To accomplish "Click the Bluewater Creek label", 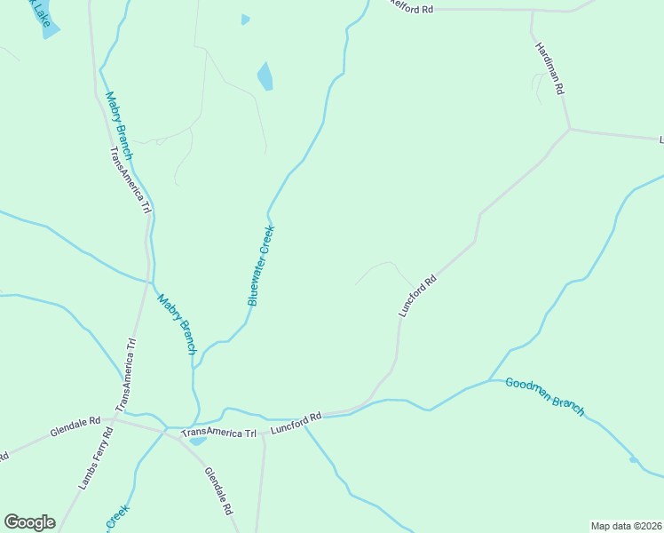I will tap(261, 266).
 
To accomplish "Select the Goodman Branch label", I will tap(545, 396).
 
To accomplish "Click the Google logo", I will tap(29, 522).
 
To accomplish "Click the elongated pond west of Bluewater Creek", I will tap(265, 76).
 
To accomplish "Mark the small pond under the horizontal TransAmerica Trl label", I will tap(197, 441).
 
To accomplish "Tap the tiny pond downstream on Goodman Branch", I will tap(633, 460).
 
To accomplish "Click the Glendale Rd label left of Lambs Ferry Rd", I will tap(75, 426).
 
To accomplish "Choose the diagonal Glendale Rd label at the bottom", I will tap(218, 492).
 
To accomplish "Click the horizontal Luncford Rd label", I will tap(296, 422).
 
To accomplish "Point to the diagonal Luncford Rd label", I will tap(418, 296).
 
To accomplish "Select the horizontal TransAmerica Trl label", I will tap(218, 434).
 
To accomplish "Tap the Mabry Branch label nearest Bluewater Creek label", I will tap(177, 324).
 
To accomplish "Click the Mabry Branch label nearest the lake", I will tap(118, 125).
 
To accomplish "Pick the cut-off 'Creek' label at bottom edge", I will tap(118, 518).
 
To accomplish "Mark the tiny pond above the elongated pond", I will tap(245, 20).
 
